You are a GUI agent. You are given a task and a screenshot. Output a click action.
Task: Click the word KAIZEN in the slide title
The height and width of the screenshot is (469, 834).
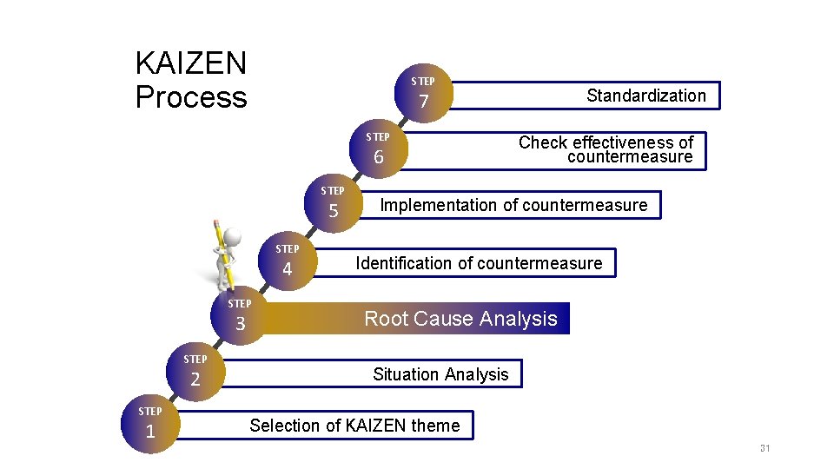click(x=191, y=63)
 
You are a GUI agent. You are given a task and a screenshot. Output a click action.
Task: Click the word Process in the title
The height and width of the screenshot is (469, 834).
click(x=191, y=97)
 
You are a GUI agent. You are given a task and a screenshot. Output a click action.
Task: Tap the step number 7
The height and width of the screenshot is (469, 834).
click(x=424, y=102)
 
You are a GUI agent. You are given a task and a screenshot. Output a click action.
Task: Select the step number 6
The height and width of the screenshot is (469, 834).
click(x=378, y=157)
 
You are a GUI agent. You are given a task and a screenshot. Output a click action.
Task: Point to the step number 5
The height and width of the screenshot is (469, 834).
click(x=333, y=211)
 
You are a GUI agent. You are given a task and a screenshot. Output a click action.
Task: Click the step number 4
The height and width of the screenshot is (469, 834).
click(x=288, y=269)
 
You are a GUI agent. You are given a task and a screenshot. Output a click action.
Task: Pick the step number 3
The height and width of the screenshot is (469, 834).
click(x=241, y=324)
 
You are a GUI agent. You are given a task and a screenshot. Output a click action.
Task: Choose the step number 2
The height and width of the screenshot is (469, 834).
click(x=195, y=379)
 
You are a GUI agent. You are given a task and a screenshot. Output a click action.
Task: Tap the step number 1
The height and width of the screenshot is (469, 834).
click(x=150, y=431)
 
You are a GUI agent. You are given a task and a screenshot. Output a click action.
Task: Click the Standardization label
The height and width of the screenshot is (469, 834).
click(x=645, y=96)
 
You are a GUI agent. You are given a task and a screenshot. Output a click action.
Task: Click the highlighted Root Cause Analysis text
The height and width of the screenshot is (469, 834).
click(x=460, y=319)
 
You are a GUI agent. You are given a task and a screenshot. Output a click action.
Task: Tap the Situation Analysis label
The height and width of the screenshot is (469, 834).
click(x=440, y=374)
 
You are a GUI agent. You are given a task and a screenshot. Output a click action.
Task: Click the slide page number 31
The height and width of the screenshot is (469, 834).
click(x=764, y=448)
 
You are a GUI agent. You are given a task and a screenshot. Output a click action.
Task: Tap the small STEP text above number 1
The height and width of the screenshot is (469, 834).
click(x=150, y=411)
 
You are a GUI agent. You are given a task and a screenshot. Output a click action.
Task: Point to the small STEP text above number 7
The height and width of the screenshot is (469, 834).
click(x=423, y=82)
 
